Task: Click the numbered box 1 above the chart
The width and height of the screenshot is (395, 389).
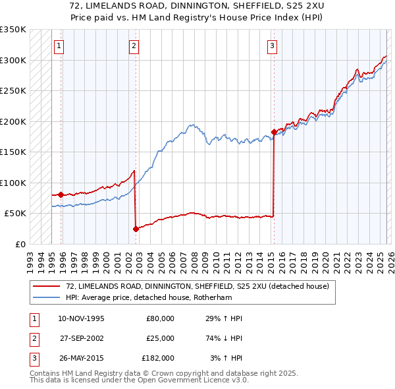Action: tap(59, 45)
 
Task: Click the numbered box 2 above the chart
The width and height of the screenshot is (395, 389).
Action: tap(134, 45)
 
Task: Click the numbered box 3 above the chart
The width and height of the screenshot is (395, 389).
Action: tap(272, 45)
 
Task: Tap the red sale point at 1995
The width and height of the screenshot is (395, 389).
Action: tap(61, 194)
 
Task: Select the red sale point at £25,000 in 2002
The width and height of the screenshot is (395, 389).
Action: tap(136, 229)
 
